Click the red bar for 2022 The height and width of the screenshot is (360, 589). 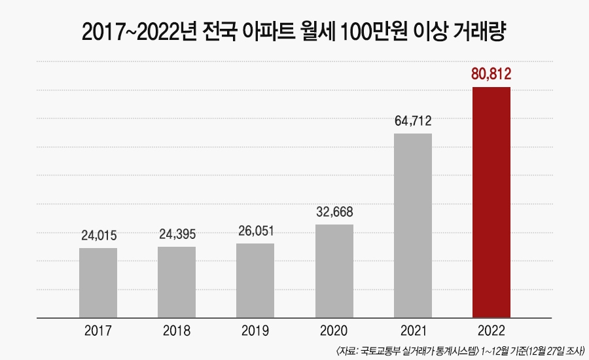pyautogui.click(x=491, y=202)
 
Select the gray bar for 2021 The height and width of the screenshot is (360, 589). pyautogui.click(x=412, y=226)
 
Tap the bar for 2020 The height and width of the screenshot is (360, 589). pyautogui.click(x=334, y=271)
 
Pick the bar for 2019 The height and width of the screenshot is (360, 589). pyautogui.click(x=255, y=281)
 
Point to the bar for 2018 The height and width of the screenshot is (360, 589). pyautogui.click(x=177, y=282)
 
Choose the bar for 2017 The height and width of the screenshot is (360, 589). pyautogui.click(x=98, y=283)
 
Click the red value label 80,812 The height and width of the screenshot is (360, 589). pyautogui.click(x=491, y=74)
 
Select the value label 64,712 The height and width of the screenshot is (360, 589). pyautogui.click(x=412, y=121)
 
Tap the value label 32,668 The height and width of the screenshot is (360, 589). pyautogui.click(x=334, y=212)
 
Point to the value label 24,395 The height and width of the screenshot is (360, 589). pyautogui.click(x=177, y=234)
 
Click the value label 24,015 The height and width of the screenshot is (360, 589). pyautogui.click(x=98, y=235)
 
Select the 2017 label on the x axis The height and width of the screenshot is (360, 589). pyautogui.click(x=98, y=331)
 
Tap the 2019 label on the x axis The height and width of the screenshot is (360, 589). pyautogui.click(x=255, y=331)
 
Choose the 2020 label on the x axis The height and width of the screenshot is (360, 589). pyautogui.click(x=334, y=331)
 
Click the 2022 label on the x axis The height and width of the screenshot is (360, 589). pyautogui.click(x=491, y=331)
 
